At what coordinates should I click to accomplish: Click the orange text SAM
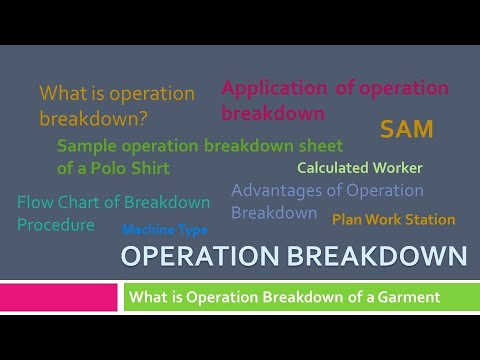pos(407,129)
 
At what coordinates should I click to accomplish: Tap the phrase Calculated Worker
pos(360,168)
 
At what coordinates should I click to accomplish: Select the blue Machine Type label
pos(165,230)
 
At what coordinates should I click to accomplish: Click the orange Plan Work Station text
pos(393,219)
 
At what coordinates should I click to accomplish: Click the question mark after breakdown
pos(142,118)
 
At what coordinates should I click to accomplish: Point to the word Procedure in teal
pos(56,225)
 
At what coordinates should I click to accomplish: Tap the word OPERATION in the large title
pos(198,257)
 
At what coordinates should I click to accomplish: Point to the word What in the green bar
pos(146,297)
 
